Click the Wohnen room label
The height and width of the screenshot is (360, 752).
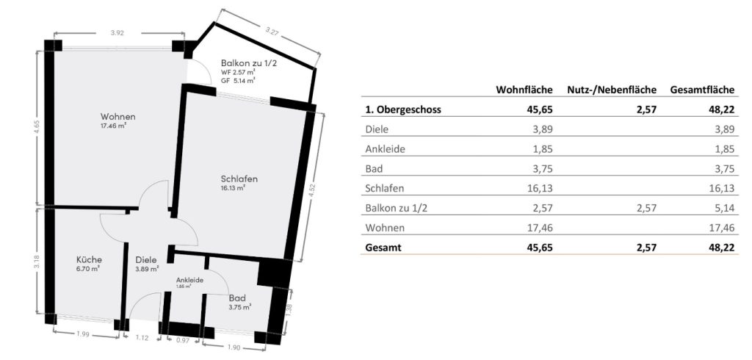[118, 117]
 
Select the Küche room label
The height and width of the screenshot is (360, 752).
[89, 259]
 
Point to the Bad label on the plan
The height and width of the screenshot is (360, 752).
[237, 298]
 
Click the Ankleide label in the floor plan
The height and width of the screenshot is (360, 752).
[190, 281]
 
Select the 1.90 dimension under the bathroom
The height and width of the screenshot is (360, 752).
[233, 348]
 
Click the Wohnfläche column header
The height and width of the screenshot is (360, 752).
[524, 90]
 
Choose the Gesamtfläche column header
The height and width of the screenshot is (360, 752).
[703, 90]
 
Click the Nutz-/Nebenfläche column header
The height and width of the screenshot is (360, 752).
[612, 90]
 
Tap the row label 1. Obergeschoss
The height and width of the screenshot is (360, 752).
[403, 109]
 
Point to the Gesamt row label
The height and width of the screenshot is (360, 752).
[383, 248]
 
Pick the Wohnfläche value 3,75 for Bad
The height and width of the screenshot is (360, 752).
[543, 168]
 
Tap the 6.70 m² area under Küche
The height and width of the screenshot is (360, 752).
[89, 270]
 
